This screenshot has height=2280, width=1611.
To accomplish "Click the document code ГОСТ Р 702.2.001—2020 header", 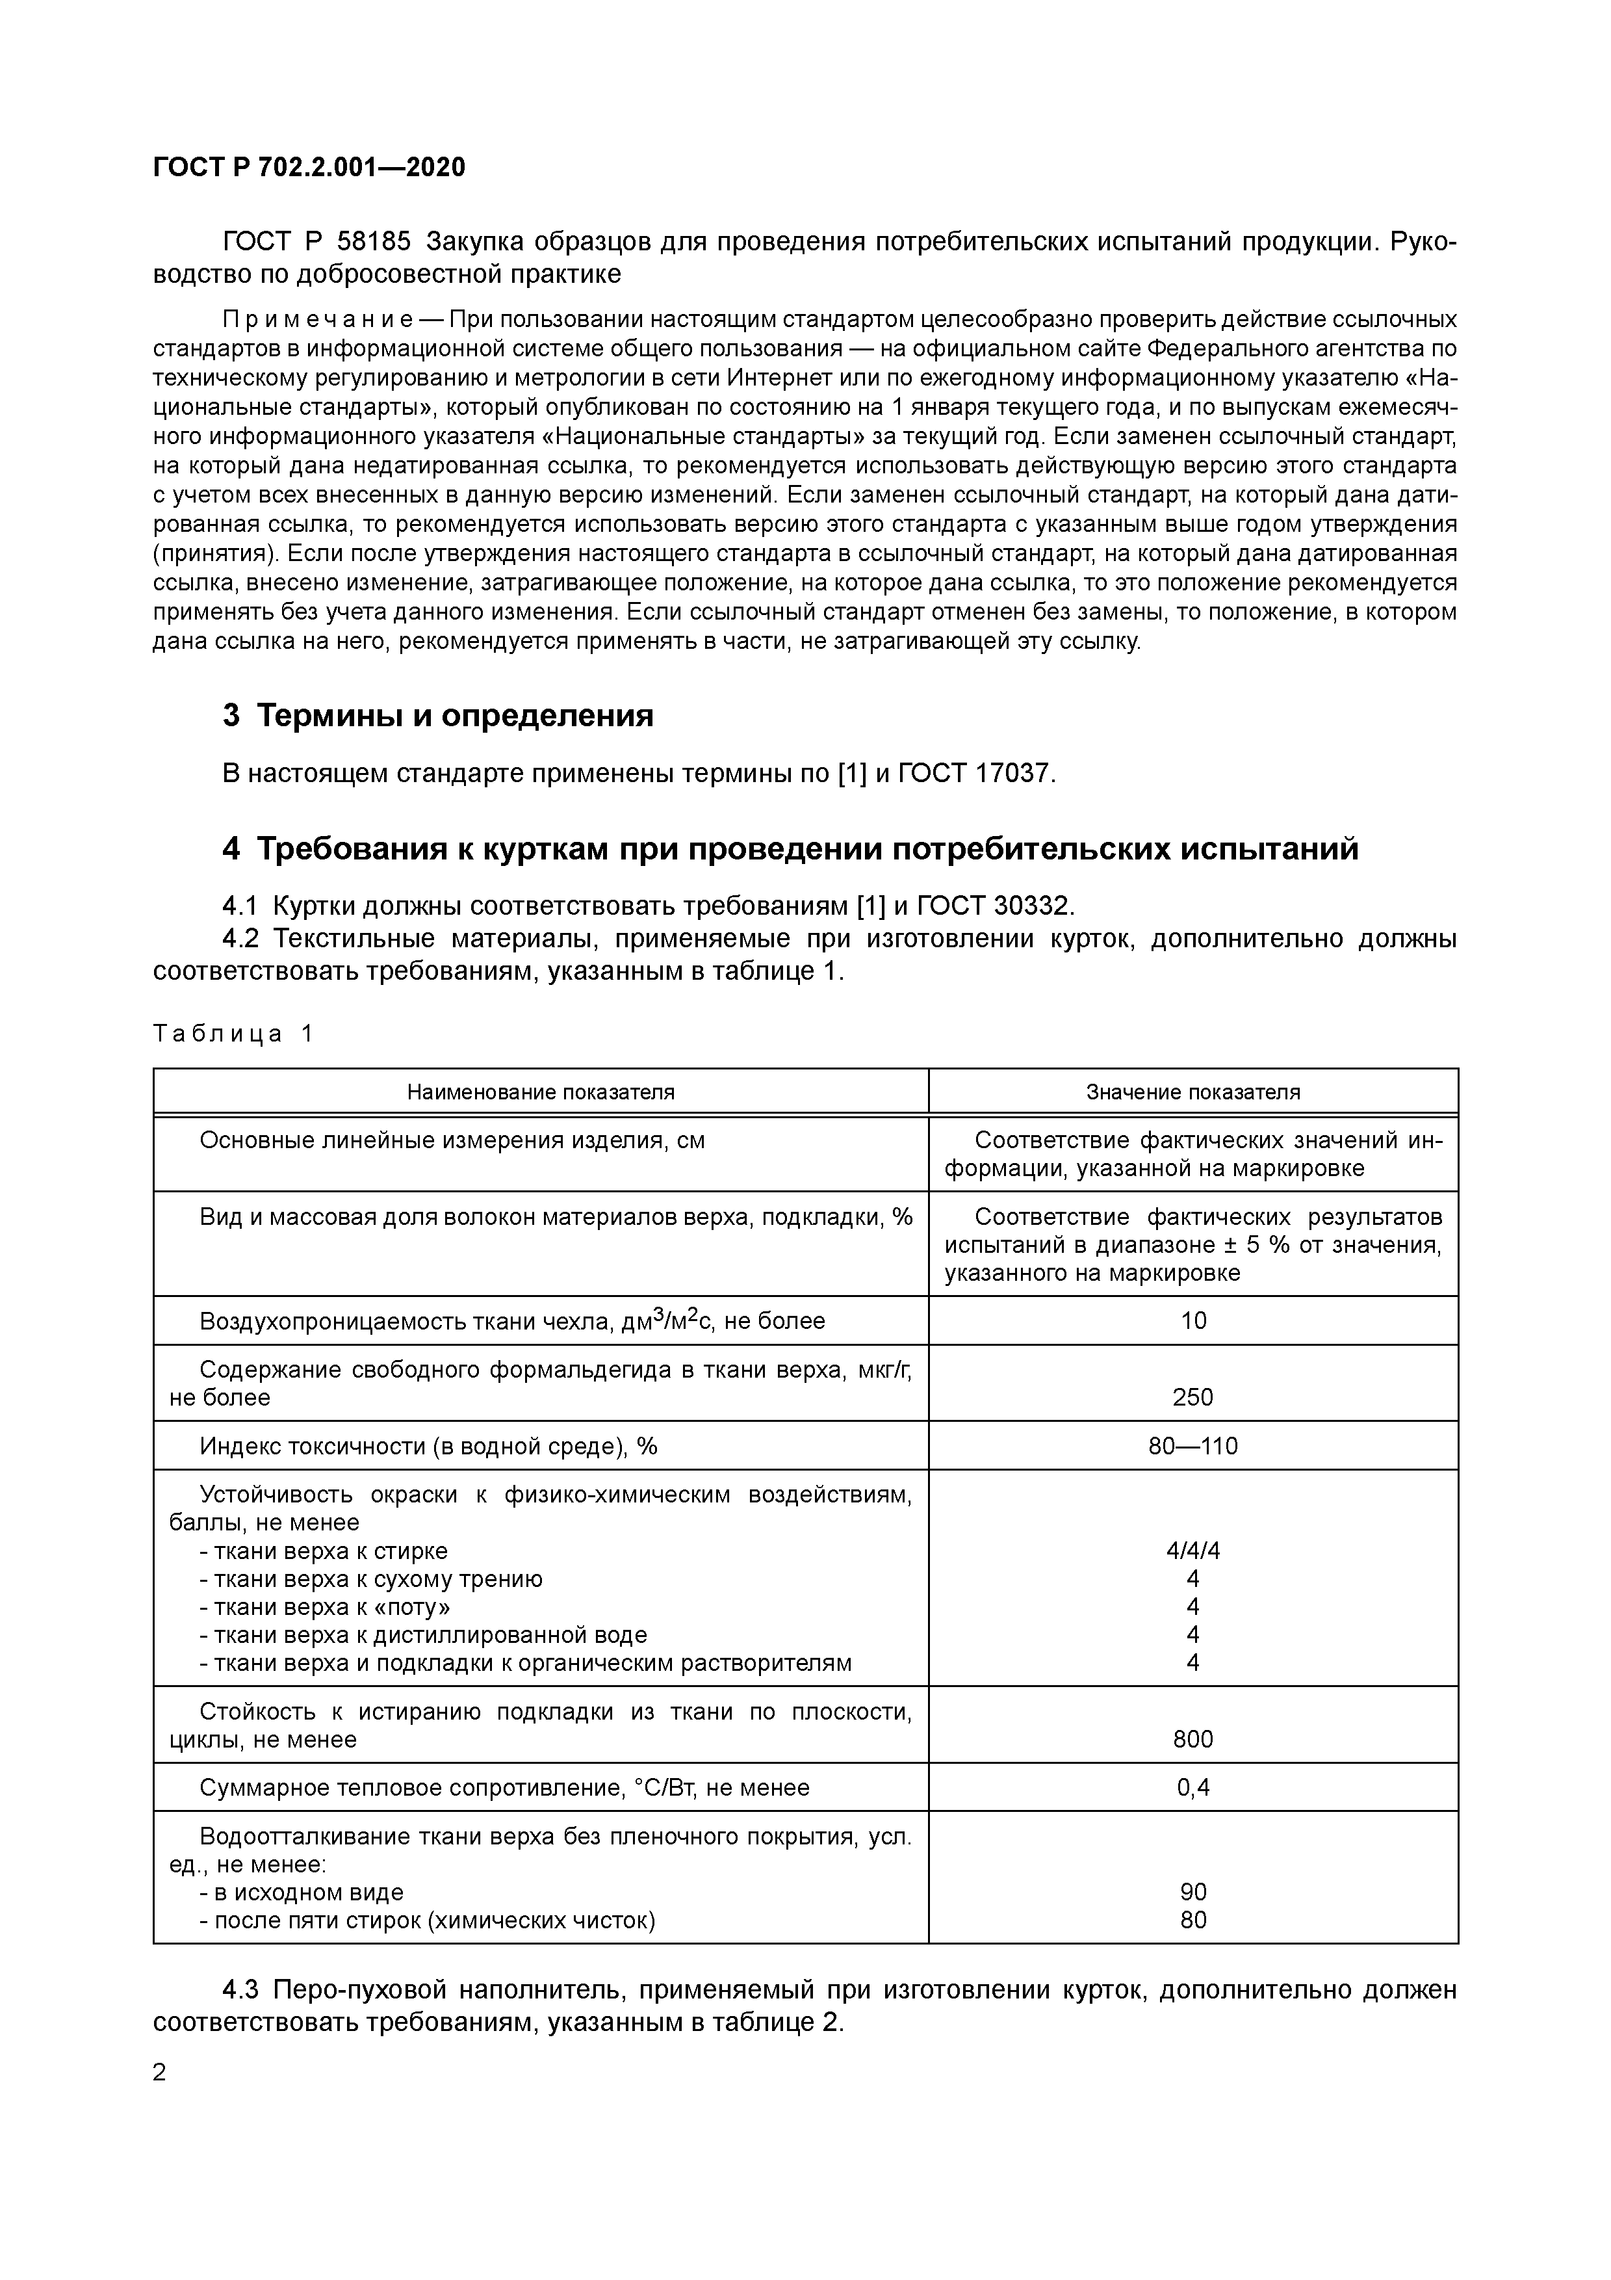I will coord(309,168).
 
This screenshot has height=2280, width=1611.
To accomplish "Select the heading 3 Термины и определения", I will coord(438,715).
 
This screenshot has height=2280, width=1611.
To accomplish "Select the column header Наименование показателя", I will coord(540,1092).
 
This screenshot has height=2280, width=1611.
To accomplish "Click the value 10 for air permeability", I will coord(1193,1320).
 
